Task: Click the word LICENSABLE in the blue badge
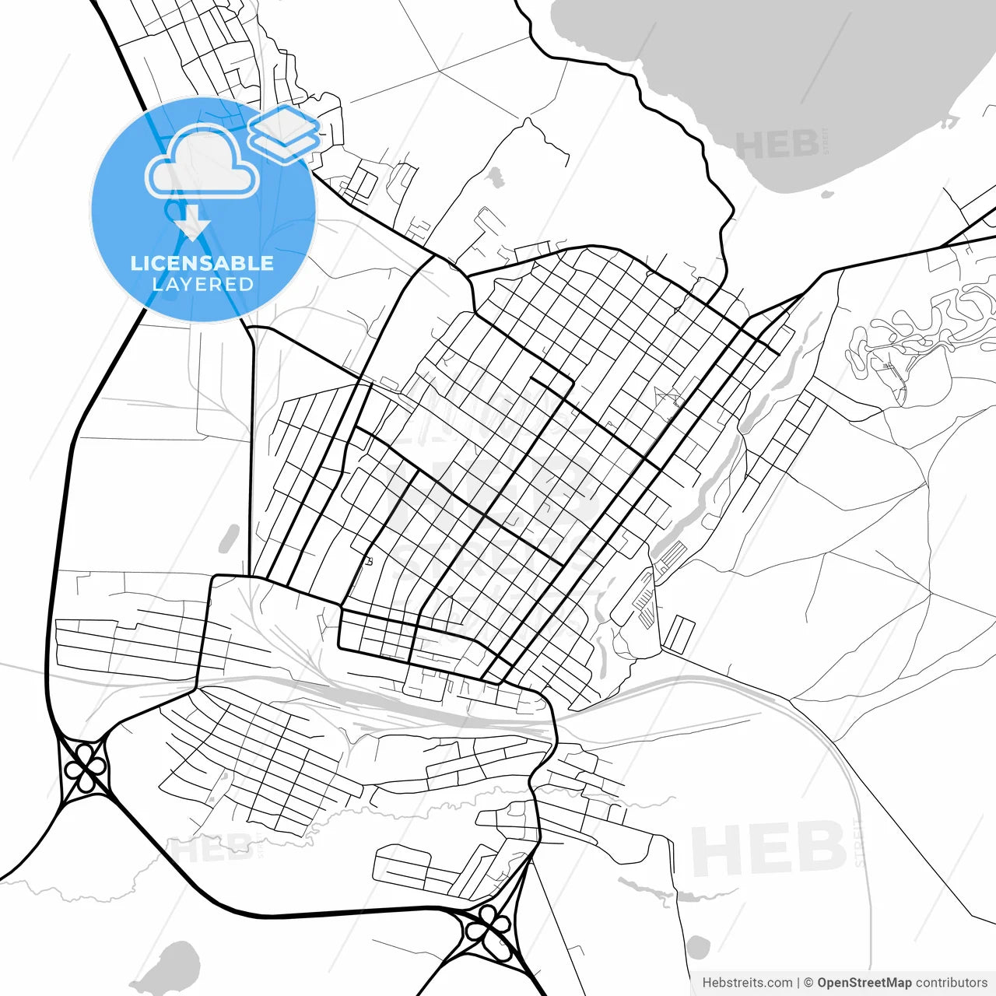point(202,263)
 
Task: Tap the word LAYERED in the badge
point(202,285)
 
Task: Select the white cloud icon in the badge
point(202,162)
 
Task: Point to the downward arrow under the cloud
point(193,226)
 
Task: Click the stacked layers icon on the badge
point(285,133)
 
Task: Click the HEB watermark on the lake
point(778,145)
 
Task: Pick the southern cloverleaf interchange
point(489,929)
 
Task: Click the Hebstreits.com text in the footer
point(747,983)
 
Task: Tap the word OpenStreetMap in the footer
point(864,983)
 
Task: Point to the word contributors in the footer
point(951,983)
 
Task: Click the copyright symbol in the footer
point(808,983)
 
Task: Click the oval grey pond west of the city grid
point(229,538)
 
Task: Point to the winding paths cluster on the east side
point(918,331)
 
